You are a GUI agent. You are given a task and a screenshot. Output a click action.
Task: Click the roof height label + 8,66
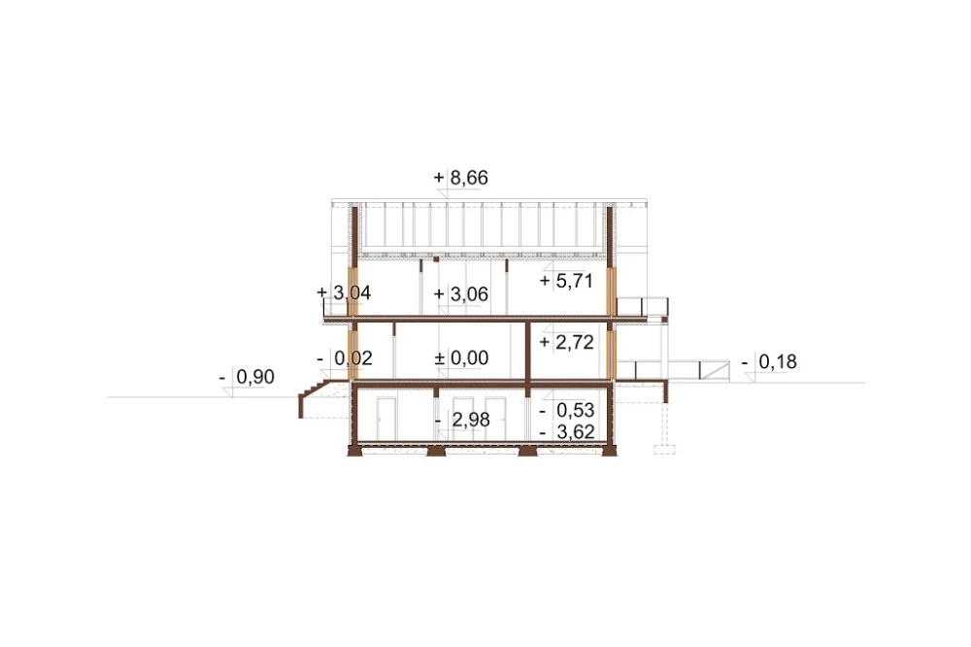(x=460, y=178)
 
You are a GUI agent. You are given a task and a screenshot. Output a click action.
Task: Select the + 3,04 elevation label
(x=344, y=292)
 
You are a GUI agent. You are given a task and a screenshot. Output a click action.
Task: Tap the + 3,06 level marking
(x=461, y=293)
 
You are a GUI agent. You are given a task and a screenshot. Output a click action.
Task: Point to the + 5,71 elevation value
(x=567, y=281)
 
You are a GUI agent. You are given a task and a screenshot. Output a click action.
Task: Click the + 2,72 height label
(x=567, y=342)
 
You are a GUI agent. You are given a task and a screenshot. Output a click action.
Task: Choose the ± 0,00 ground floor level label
(x=461, y=358)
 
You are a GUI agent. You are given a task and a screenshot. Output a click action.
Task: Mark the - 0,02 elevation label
(x=345, y=358)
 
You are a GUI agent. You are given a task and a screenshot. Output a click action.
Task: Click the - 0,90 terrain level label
(x=247, y=376)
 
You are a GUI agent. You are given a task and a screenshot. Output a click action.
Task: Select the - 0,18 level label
(x=769, y=361)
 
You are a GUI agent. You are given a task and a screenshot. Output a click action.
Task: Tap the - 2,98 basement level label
(x=462, y=420)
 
